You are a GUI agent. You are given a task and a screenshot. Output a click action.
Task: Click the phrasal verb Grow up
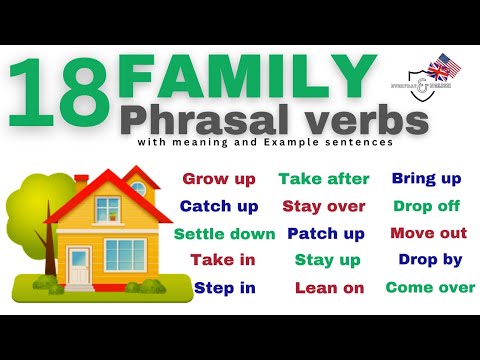pos(218,180)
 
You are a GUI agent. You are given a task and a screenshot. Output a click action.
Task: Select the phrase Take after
pos(324,180)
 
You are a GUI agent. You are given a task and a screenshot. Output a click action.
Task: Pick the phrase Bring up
pos(426,180)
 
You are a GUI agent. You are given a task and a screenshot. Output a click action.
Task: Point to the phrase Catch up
pos(219,207)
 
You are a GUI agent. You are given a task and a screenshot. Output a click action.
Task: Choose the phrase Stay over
pos(324,207)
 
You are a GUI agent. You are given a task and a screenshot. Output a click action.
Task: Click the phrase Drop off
pos(426,207)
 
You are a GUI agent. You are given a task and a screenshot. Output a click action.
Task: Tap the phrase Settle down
pos(224,234)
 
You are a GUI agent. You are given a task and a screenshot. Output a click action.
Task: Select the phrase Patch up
pos(326,234)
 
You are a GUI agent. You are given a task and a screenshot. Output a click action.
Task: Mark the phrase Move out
pos(428,234)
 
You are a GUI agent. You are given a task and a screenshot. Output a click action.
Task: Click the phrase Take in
pos(223,260)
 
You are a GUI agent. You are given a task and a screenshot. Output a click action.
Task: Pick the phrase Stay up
pos(326,260)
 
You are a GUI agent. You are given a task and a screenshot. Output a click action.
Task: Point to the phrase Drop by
pos(430,260)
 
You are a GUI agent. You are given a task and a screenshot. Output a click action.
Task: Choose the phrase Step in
pos(224,288)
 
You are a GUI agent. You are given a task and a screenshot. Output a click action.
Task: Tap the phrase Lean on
pos(328,288)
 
